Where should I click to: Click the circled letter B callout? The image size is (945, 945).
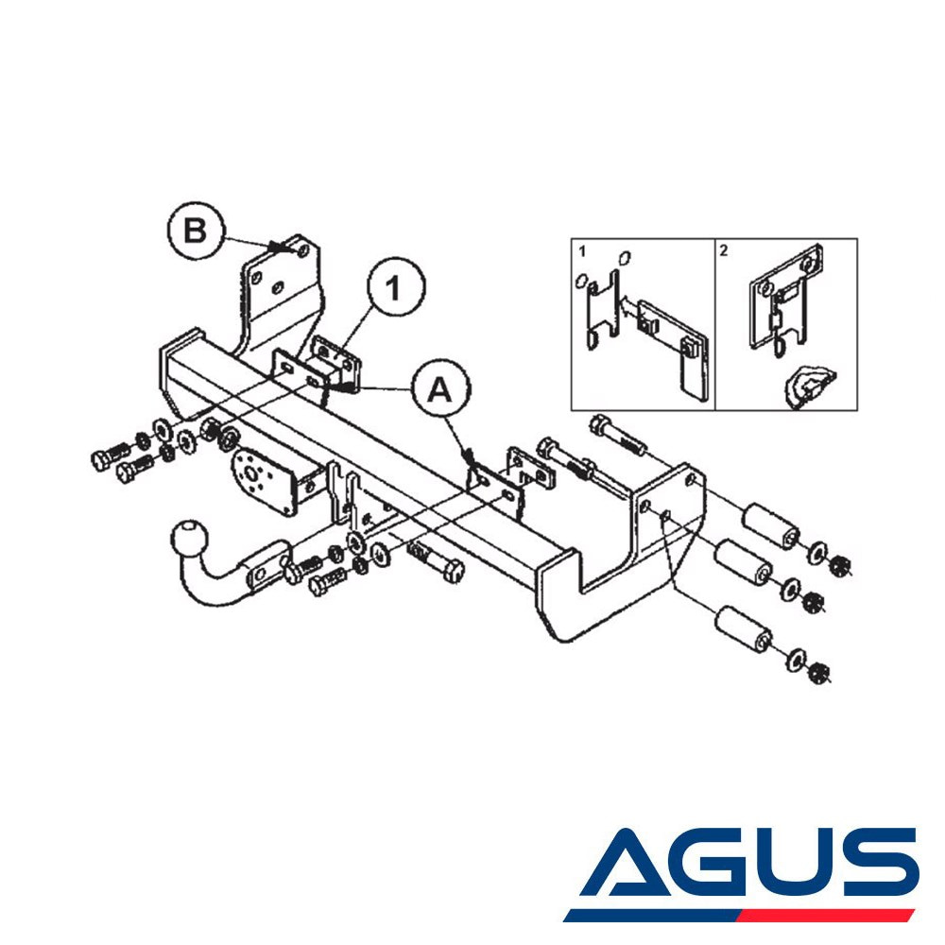[x=196, y=231]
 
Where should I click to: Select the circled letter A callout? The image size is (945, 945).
[x=440, y=389]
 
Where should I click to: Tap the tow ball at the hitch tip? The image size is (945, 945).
[x=190, y=540]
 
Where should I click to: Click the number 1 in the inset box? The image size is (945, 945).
[x=581, y=250]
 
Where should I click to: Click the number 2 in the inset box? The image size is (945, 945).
[x=724, y=250]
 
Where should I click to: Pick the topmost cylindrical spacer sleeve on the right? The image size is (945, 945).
[x=770, y=526]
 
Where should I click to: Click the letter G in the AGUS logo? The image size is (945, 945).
[x=720, y=863]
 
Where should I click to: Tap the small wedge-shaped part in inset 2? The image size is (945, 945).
[x=809, y=386]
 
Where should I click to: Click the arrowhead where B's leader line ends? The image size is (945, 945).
[x=279, y=247]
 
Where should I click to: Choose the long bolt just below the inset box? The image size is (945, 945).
[x=618, y=435]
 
